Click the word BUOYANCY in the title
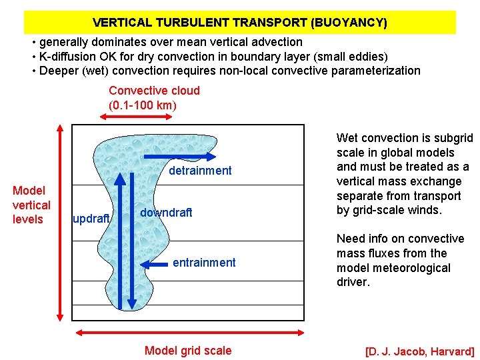pos(349,23)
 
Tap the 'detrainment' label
pos(200,171)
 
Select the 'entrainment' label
pos(204,263)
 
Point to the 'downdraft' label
pos(166,213)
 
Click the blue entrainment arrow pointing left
pos(157,264)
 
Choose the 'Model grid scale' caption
pos(188,351)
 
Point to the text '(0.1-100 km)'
pos(143,105)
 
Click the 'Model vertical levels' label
pos(31,205)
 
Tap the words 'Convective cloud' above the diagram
pos(154,91)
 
